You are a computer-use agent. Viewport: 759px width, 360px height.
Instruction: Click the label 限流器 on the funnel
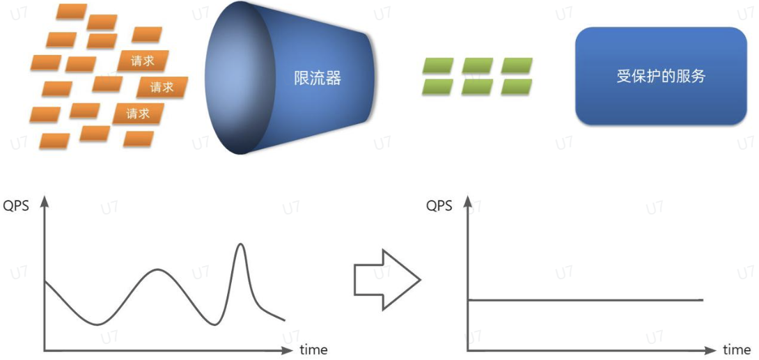point(318,77)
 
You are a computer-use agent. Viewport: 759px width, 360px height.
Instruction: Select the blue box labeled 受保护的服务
point(661,77)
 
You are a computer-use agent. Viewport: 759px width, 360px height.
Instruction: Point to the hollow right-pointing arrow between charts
point(387,280)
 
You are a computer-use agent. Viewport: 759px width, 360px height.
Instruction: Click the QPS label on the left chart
point(17,205)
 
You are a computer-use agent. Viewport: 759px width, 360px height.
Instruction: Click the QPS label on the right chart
point(439,205)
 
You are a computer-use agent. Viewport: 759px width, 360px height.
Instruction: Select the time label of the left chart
point(313,350)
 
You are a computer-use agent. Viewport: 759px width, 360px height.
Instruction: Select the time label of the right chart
point(737,350)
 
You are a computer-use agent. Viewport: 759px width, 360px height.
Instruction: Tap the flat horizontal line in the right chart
point(585,300)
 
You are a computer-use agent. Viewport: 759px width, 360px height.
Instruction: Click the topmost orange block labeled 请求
point(143,61)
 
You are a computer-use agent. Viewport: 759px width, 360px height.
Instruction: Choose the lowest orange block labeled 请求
point(138,114)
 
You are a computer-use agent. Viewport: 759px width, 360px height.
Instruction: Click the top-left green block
point(438,65)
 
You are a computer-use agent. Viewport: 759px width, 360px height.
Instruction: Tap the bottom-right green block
point(517,86)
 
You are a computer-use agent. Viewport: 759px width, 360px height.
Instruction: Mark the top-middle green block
point(477,65)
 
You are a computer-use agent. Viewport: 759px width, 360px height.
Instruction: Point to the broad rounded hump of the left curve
point(157,269)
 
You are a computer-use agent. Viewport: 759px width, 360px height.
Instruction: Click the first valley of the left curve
point(97,324)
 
